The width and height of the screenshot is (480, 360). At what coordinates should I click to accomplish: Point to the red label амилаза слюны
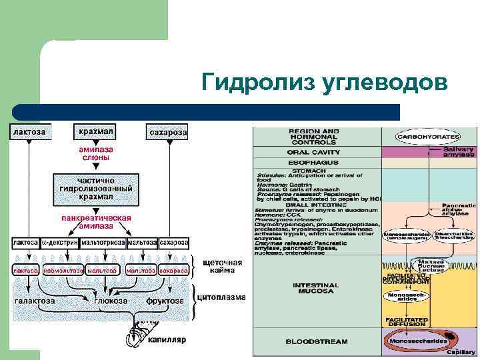tap(96, 154)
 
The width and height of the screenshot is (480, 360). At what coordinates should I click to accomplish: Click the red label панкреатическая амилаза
tap(96, 221)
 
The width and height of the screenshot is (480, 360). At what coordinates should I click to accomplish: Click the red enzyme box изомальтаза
tap(63, 271)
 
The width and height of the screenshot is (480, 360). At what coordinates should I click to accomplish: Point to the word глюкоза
tap(111, 301)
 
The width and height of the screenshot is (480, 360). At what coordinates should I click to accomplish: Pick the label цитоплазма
tap(223, 297)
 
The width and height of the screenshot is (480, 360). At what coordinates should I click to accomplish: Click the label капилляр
tap(167, 340)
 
